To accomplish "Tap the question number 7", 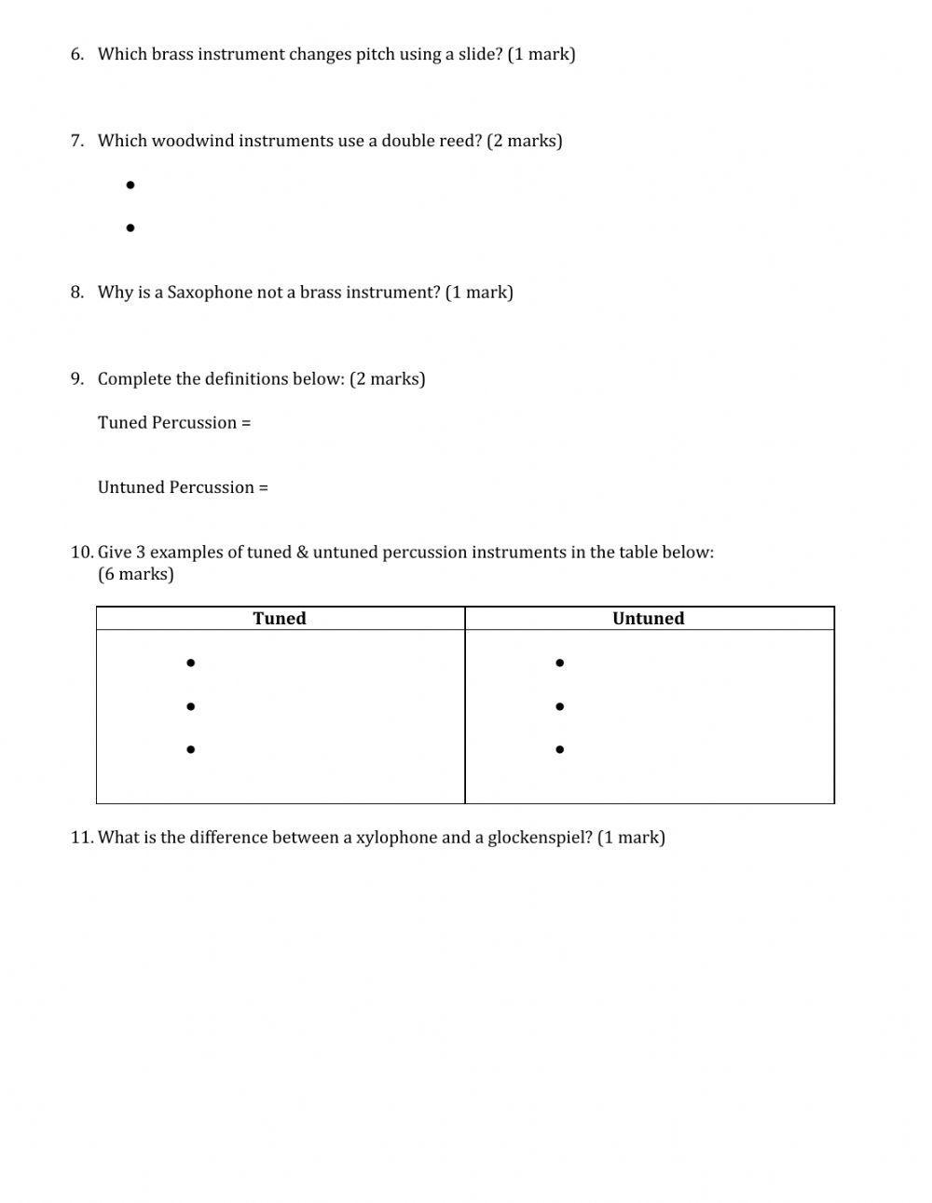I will pos(76,141).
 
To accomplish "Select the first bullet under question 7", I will pos(130,185).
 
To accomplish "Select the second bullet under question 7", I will pos(130,227).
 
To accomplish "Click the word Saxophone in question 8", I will pos(210,293).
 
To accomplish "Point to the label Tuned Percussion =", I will pos(174,423).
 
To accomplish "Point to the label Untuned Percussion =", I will pos(183,487).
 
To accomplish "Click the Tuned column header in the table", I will pos(280,619).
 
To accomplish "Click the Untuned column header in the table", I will pos(649,619).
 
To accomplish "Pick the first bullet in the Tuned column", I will pos(190,663).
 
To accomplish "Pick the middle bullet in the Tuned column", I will pos(190,706).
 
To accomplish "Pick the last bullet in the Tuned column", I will pos(190,749).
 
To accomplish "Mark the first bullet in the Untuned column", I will pos(559,663).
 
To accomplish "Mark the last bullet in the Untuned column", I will pos(559,749).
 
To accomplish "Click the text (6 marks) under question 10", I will pos(136,574).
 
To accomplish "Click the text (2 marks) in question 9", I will pos(387,379).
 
